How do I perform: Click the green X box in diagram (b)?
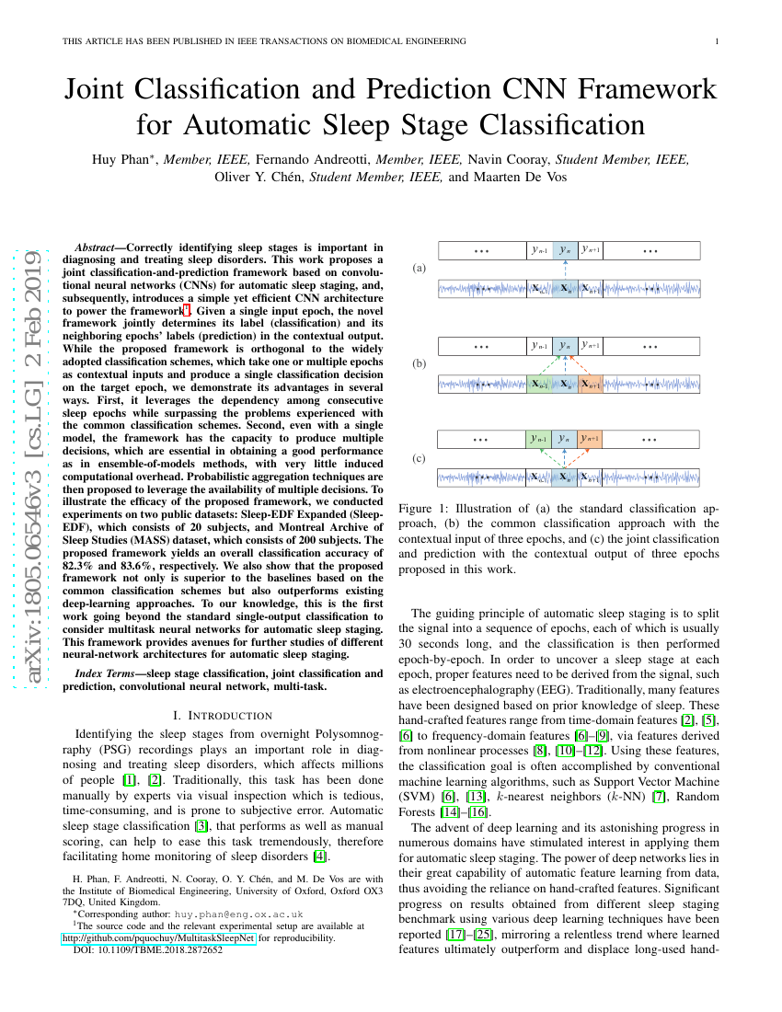click(x=539, y=385)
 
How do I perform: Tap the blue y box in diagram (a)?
click(x=565, y=249)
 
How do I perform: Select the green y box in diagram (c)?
click(x=539, y=439)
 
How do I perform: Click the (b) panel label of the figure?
click(x=420, y=364)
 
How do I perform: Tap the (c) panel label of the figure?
click(x=420, y=457)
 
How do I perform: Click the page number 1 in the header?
click(x=717, y=40)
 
